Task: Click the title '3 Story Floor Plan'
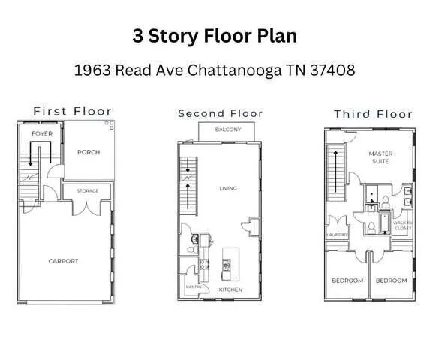(x=215, y=35)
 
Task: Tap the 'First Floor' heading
(x=72, y=111)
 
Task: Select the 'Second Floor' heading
(x=220, y=113)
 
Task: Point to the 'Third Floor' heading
(x=373, y=114)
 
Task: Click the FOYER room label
(x=41, y=134)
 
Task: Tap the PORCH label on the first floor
(x=89, y=152)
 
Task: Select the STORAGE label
(x=87, y=191)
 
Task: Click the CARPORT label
(x=63, y=261)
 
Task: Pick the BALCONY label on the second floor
(x=228, y=130)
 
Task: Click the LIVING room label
(x=227, y=188)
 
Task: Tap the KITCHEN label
(x=230, y=289)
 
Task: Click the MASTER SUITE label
(x=381, y=157)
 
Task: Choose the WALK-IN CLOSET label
(x=403, y=225)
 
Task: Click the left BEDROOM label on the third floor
(x=347, y=280)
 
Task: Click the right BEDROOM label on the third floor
(x=391, y=280)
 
